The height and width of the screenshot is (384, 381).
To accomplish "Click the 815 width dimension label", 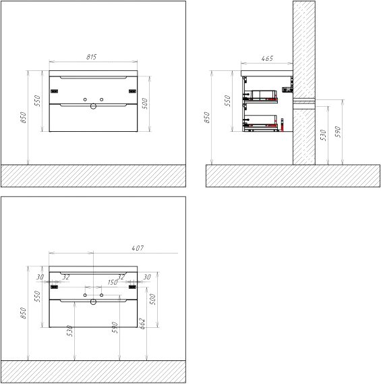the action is pyautogui.click(x=91, y=57).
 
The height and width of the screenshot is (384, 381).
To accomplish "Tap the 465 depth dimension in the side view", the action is pyautogui.click(x=267, y=58).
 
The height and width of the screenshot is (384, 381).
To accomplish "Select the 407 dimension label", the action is pyautogui.click(x=138, y=248).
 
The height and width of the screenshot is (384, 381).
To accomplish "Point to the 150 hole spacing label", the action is pyautogui.click(x=113, y=282).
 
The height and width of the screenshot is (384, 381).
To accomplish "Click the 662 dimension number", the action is pyautogui.click(x=142, y=324).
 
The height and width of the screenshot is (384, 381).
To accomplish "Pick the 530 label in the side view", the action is pyautogui.click(x=323, y=135).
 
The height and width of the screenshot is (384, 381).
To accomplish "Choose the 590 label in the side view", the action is pyautogui.click(x=338, y=132).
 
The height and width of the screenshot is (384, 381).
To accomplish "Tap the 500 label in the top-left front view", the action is pyautogui.click(x=144, y=103).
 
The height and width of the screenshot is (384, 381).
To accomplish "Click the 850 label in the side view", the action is pyautogui.click(x=206, y=118).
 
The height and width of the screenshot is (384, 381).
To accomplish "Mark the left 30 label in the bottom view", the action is pyautogui.click(x=40, y=277).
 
